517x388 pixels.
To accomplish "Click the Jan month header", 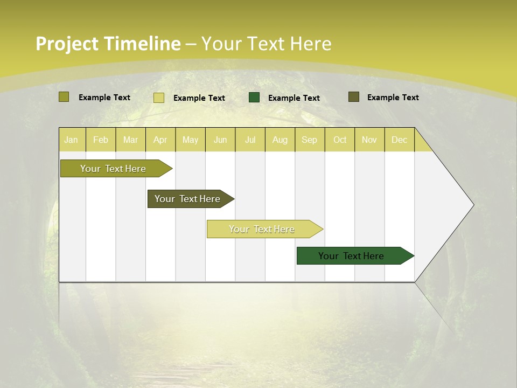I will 71,140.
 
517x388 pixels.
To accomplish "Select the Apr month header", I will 160,140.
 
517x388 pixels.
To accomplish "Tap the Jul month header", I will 250,140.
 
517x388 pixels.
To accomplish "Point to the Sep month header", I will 309,140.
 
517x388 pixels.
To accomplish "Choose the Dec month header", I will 399,140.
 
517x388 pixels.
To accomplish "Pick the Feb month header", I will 101,140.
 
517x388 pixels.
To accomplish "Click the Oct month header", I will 340,140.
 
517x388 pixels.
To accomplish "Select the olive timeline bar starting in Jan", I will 114,169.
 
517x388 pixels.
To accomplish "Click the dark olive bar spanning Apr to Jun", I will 188,199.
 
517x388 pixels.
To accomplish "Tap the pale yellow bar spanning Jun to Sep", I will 262,229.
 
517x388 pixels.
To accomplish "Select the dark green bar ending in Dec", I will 352,256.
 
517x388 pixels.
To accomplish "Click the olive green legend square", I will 64,97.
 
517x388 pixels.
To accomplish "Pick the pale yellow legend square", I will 159,98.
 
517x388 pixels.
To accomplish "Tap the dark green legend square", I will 254,98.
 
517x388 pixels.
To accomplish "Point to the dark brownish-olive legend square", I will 354,97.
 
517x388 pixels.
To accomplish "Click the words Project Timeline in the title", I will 108,44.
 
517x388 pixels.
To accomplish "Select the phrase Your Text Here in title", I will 266,44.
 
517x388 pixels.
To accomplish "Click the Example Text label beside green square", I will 294,98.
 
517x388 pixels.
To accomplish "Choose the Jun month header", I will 220,140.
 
